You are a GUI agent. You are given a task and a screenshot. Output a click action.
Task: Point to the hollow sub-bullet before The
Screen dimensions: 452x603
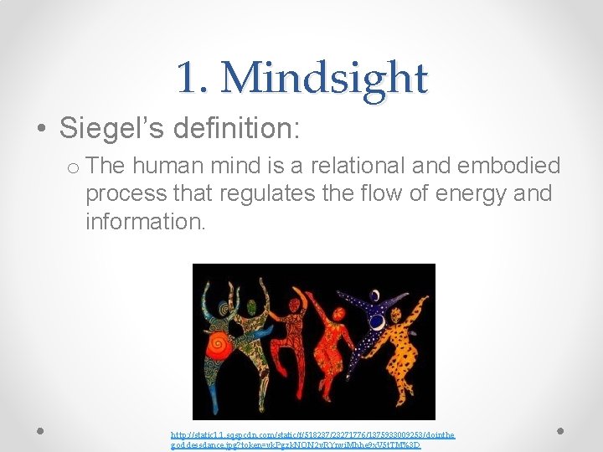(x=73, y=166)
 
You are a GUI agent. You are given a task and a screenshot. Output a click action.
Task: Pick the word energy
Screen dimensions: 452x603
(x=455, y=193)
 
